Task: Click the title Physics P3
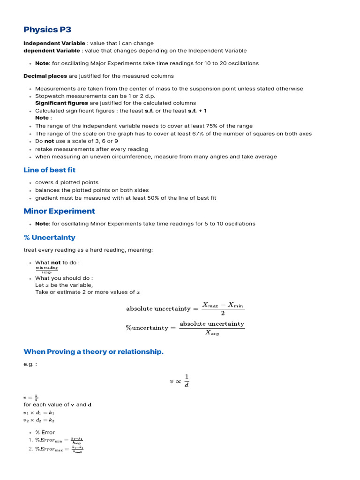pyautogui.click(x=47, y=30)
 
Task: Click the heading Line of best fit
pyautogui.click(x=49, y=170)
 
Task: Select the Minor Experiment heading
pyautogui.click(x=59, y=211)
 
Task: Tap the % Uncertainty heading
pyautogui.click(x=49, y=238)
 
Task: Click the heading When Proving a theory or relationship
pyautogui.click(x=93, y=352)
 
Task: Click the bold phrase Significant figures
pyautogui.click(x=61, y=103)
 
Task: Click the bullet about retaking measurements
pyautogui.click(x=91, y=149)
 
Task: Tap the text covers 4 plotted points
pyautogui.click(x=67, y=182)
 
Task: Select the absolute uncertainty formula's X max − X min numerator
pyautogui.click(x=223, y=305)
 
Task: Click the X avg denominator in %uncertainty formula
pyautogui.click(x=212, y=333)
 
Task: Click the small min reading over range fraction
pyautogui.click(x=46, y=270)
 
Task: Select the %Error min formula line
pyautogui.click(x=59, y=440)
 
